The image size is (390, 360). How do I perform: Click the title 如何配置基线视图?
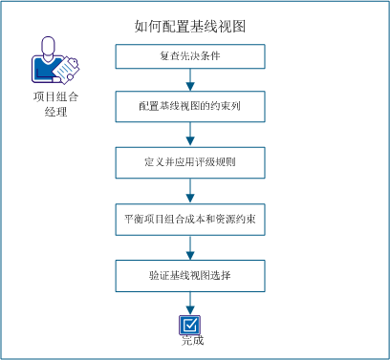coord(194,26)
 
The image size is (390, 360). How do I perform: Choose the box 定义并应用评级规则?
coord(194,163)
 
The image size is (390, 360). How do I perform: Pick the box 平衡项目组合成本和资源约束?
coord(194,219)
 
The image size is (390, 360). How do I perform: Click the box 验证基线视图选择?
coord(194,276)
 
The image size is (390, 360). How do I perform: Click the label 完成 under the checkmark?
coord(192,340)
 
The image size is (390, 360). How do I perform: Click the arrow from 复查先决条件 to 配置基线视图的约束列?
coord(192,81)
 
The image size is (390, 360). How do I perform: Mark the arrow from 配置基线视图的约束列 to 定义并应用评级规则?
coord(192,136)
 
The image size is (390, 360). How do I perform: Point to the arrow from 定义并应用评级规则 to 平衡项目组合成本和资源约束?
coord(192,191)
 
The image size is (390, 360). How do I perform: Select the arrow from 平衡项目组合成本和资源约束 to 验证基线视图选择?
coord(192,247)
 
